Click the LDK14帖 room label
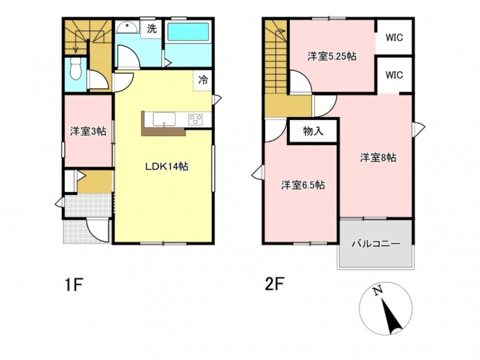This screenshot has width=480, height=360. pos(167,167)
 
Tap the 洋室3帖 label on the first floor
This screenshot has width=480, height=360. pos(88,131)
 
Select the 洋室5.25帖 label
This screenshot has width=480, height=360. pos(332,56)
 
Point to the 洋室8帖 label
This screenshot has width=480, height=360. pos(378,158)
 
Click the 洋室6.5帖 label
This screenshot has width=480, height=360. pos(303,185)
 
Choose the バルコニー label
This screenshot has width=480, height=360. pos(376,244)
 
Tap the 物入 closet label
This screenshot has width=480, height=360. pos(313,131)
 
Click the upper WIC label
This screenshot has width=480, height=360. pos(394,38)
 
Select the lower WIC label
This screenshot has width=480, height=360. pos(394,75)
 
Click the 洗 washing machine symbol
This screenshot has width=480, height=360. pos(152,29)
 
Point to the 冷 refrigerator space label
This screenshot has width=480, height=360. pos(203,80)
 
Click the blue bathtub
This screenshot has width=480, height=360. pos(188,32)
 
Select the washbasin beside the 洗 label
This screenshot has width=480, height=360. pos(128,28)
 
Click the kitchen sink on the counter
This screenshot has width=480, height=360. pos(164,119)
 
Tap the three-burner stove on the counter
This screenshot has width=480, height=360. pos(196,119)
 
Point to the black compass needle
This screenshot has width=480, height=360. pos(392,317)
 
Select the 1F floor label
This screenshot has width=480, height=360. pos(74,285)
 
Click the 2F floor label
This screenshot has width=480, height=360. pos(274,284)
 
